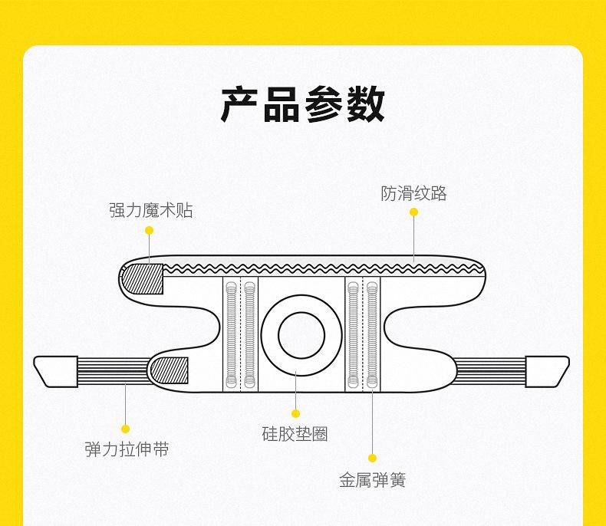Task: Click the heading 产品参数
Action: coord(302,105)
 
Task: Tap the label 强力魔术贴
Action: coord(150,210)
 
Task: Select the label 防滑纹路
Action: coord(413,193)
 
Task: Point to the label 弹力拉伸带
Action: coord(127,449)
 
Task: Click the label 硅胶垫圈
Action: coord(295,434)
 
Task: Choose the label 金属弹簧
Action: coord(372,480)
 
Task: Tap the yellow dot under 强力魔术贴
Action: coord(150,230)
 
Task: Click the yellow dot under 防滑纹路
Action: coord(413,212)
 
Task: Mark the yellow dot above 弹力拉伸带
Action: coord(126,429)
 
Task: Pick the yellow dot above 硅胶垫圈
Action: coord(295,414)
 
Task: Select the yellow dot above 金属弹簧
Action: coord(372,459)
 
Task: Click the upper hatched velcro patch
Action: coord(144,278)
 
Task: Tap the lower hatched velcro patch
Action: coord(170,371)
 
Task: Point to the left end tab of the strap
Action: coord(56,371)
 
